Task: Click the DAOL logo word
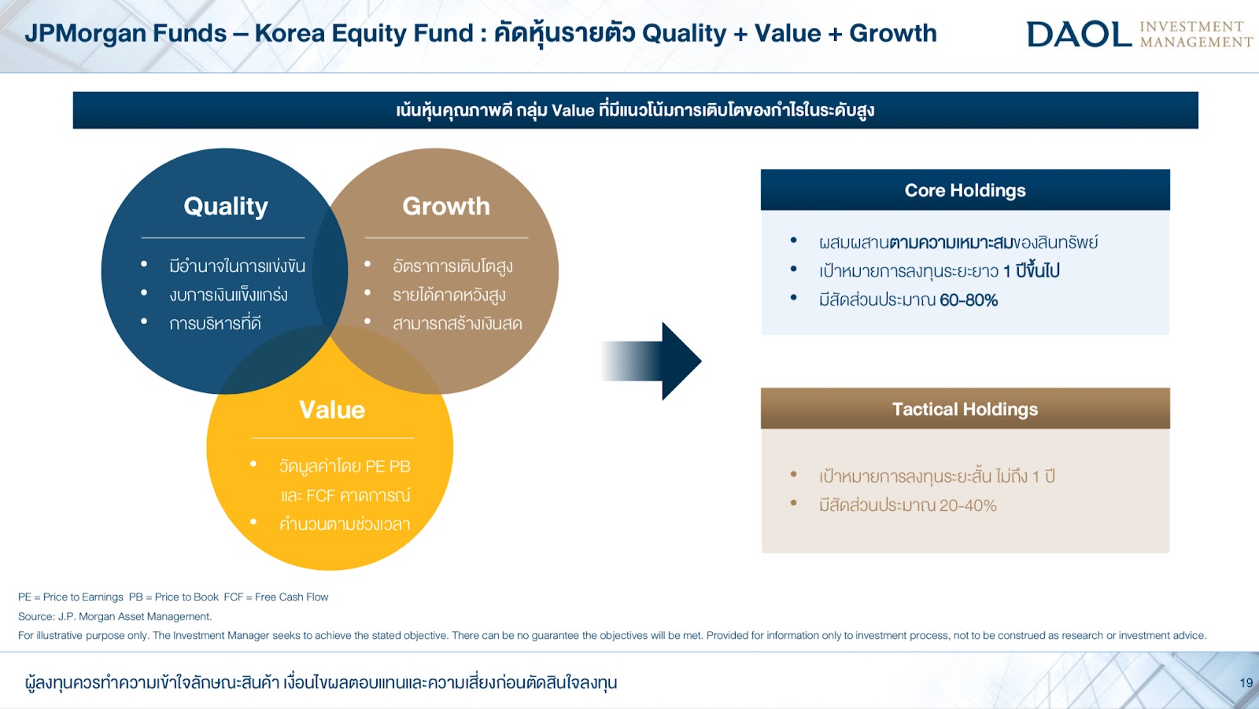coord(1079,34)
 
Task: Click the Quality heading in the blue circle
coord(225,207)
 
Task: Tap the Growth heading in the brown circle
coord(446,206)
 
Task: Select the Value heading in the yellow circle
coord(332,410)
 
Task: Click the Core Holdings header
coord(965,190)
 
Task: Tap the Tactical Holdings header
coord(965,410)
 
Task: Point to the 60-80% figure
coord(969,300)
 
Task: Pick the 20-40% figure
coord(967,505)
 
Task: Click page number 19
coord(1246,682)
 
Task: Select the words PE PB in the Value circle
coord(388,466)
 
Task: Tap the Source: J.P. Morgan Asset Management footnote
coord(115,616)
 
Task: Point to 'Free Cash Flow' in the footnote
coord(291,597)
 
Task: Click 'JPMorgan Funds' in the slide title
coord(125,34)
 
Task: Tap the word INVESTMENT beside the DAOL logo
coord(1191,27)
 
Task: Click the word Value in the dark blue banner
coord(573,110)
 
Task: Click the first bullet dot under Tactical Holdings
coord(794,474)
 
